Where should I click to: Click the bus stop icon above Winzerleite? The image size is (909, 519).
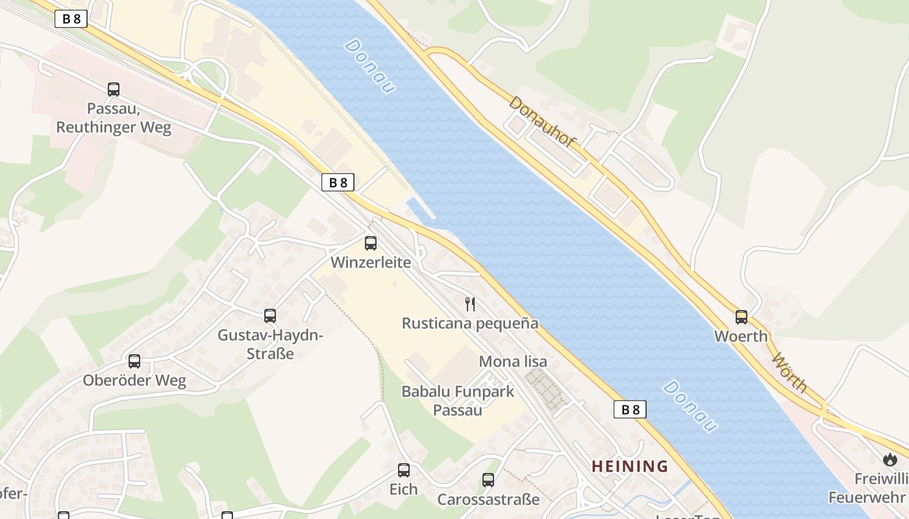[371, 243]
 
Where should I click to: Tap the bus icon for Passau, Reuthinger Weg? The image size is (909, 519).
[114, 90]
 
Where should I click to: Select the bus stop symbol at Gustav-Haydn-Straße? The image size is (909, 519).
[270, 316]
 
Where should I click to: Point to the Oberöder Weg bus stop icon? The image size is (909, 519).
[134, 361]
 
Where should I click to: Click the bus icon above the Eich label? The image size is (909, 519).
[404, 470]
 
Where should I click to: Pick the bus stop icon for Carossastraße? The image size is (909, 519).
[488, 480]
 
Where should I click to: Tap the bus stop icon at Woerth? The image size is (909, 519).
[741, 317]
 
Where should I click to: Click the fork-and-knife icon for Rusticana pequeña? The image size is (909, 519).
[471, 304]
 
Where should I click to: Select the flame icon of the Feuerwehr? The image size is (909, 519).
[890, 459]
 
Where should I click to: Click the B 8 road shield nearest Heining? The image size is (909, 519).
[630, 409]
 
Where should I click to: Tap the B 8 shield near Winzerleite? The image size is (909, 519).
[338, 182]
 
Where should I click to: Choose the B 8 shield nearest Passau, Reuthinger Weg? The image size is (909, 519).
[71, 19]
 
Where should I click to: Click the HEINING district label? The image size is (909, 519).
[629, 466]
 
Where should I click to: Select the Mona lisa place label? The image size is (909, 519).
[513, 361]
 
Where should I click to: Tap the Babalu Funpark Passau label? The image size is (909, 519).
[458, 400]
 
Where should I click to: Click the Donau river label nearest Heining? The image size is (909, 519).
[691, 406]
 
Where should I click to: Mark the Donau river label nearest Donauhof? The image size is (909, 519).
[370, 66]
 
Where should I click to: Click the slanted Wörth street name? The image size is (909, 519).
[790, 373]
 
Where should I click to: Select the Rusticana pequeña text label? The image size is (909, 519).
[470, 323]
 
